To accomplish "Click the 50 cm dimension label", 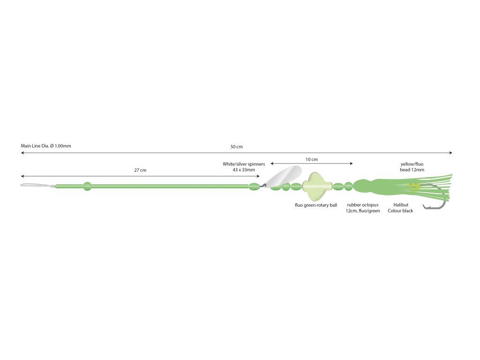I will (x=236, y=147).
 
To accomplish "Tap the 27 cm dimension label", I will (x=140, y=170).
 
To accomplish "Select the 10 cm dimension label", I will (x=312, y=159).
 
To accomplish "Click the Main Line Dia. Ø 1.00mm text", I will (x=46, y=146).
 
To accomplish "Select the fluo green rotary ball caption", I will (x=316, y=205).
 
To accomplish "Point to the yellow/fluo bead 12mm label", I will (x=412, y=167).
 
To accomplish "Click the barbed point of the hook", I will (x=424, y=207).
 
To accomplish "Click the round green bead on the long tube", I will (x=87, y=186).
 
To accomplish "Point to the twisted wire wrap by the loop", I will (x=52, y=186).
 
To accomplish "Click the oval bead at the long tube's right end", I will (x=254, y=186).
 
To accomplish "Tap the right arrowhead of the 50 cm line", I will (x=450, y=152).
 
